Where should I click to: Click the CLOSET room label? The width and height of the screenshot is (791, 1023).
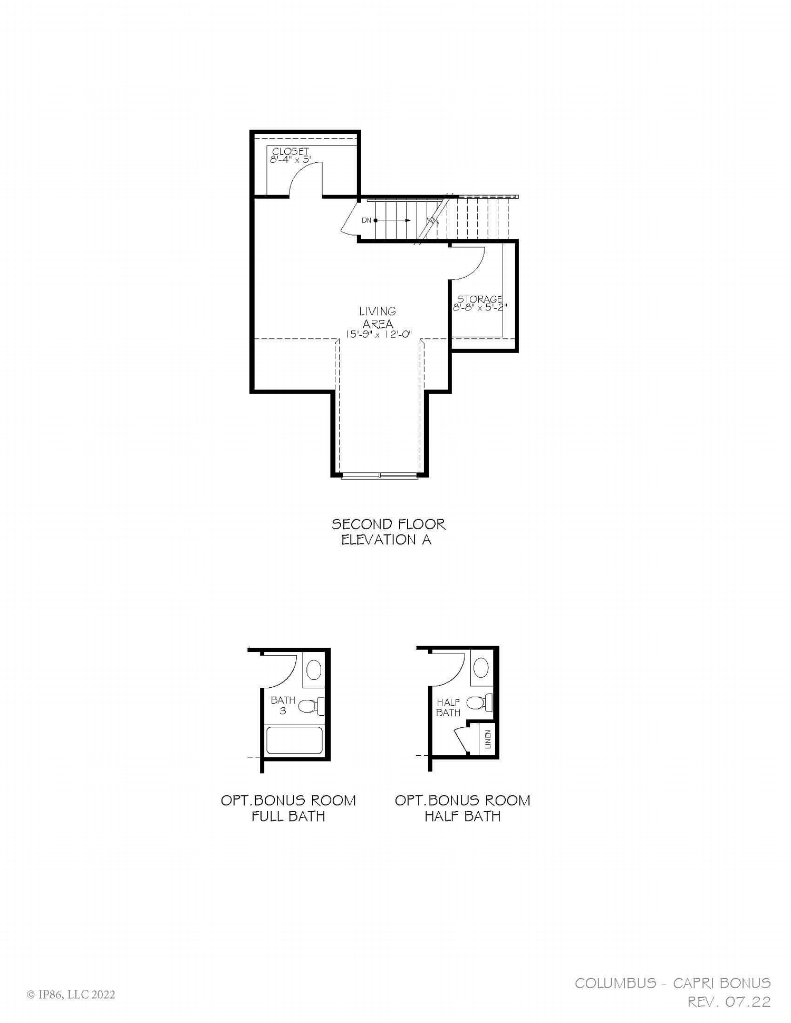(x=290, y=151)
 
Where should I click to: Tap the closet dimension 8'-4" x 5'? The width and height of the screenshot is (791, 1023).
(x=290, y=159)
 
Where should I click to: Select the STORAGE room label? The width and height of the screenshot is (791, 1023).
(x=479, y=299)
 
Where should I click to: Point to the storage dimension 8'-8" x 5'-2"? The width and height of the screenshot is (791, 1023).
(x=479, y=307)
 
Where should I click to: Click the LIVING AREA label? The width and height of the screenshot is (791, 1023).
(x=378, y=317)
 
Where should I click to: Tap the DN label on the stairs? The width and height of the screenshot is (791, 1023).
(x=366, y=220)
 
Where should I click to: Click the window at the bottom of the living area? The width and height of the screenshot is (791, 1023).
(x=380, y=476)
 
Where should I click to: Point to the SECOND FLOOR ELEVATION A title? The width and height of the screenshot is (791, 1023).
(x=388, y=532)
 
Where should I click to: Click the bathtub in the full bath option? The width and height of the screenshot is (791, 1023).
(x=294, y=741)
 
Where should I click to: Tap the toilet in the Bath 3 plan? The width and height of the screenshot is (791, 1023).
(x=311, y=706)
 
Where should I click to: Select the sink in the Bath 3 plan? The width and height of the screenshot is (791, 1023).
(x=314, y=670)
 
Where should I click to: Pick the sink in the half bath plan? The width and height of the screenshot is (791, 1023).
(x=481, y=668)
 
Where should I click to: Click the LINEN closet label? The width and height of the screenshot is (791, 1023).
(x=487, y=739)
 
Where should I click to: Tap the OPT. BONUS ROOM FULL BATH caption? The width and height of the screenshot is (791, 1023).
(x=288, y=808)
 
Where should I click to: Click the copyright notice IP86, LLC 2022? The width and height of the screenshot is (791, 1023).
(x=71, y=995)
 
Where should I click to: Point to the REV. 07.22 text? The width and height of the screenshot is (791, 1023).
(x=729, y=1001)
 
